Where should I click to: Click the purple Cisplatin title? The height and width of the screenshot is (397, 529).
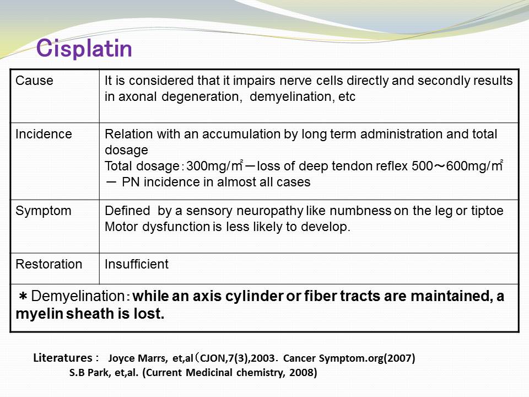click(84, 49)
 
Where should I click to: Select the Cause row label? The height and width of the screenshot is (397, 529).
click(34, 81)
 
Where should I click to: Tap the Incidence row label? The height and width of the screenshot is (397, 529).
click(44, 134)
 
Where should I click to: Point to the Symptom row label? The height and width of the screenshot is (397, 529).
click(43, 211)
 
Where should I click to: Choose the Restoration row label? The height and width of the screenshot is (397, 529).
click(49, 264)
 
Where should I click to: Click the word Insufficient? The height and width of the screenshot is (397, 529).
click(136, 264)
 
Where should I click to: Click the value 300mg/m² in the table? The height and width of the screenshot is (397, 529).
click(215, 166)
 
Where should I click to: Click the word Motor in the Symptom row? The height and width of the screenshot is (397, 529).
click(122, 227)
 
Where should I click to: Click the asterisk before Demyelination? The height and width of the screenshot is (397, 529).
click(23, 297)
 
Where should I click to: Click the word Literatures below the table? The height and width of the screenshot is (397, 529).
click(62, 357)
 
